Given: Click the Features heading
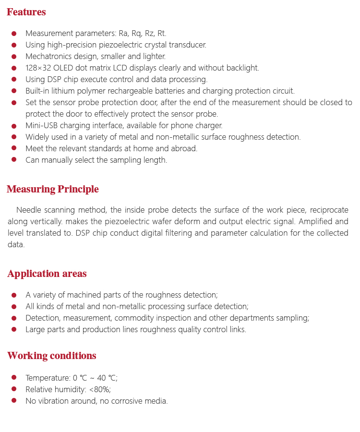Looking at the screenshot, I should pos(26,12).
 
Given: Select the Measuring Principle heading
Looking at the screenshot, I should pos(53,189).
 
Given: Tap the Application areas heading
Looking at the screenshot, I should pos(47,274).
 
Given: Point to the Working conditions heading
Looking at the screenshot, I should pos(52,356).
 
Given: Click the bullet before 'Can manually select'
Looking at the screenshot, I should pos(14,160).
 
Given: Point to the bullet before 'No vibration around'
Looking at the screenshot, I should pos(14,401).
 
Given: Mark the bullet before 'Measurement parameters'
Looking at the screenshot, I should pos(14,34).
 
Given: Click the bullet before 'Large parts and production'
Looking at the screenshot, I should pos(14,329).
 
